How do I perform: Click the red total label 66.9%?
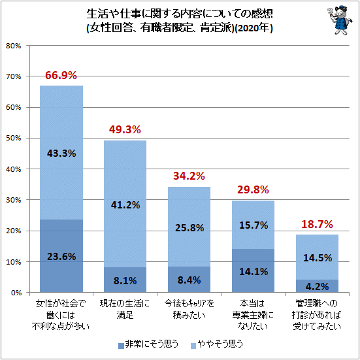pyautogui.click(x=61, y=75)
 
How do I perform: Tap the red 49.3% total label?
pyautogui.click(x=125, y=130)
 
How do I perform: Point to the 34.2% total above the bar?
pyautogui.click(x=189, y=176)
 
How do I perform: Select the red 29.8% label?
pyautogui.click(x=253, y=190)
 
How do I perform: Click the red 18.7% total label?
pyautogui.click(x=317, y=224)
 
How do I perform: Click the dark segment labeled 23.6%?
pyautogui.click(x=61, y=255)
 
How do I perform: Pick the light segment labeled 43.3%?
pyautogui.click(x=61, y=152)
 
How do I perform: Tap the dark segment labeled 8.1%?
pyautogui.click(x=125, y=280)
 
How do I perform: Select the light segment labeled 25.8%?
pyautogui.click(x=189, y=227)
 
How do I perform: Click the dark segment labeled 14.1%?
pyautogui.click(x=254, y=270)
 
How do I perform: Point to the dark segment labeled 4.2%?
pyautogui.click(x=317, y=286)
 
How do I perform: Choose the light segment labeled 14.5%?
pyautogui.click(x=317, y=257)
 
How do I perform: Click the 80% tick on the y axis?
pyautogui.click(x=14, y=46)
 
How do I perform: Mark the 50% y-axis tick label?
pyautogui.click(x=14, y=139)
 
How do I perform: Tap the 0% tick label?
pyautogui.click(x=16, y=293)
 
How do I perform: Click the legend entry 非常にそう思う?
pyautogui.click(x=148, y=344)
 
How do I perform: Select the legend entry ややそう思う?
pyautogui.click(x=217, y=344)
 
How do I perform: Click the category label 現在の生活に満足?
pyautogui.click(x=125, y=309)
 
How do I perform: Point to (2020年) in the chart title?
pyautogui.click(x=254, y=28)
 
